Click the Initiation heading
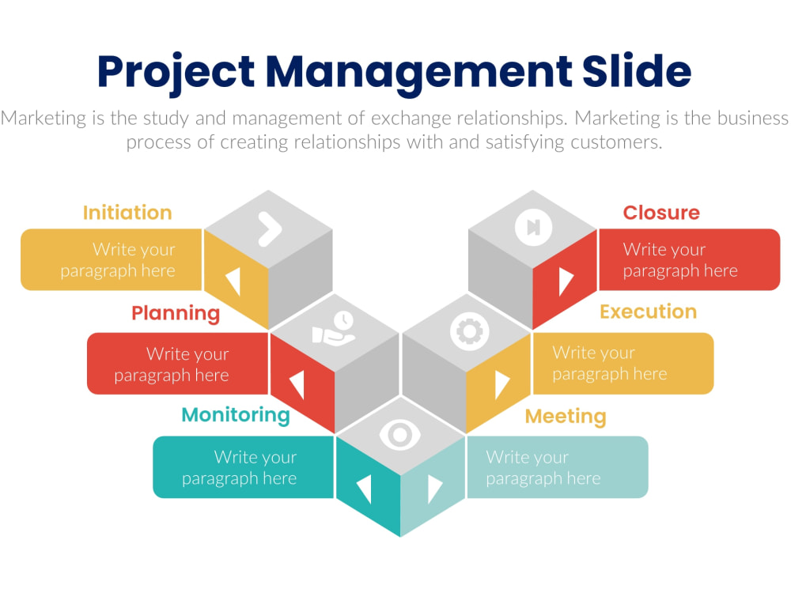click(127, 213)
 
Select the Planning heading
click(176, 313)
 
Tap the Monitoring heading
click(236, 416)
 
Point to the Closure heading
click(661, 213)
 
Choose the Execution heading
click(649, 312)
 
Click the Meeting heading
click(566, 417)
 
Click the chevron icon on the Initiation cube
click(270, 229)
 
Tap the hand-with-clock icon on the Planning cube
click(334, 328)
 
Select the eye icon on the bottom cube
click(400, 435)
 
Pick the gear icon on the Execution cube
click(470, 331)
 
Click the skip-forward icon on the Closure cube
click(533, 227)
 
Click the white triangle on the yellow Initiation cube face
click(233, 281)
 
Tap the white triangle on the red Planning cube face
click(297, 385)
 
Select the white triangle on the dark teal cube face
click(364, 489)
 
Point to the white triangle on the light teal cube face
click(434, 489)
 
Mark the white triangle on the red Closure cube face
click(566, 281)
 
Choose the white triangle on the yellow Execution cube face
click(502, 385)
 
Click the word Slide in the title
click(637, 70)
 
